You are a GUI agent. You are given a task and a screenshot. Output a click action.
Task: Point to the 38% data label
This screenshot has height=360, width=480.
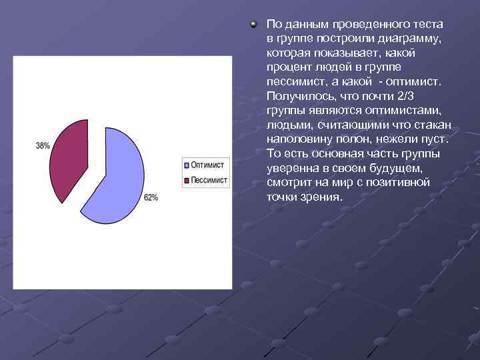pos(43,145)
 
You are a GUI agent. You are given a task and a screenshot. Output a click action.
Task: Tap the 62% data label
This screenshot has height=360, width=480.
pos(151,198)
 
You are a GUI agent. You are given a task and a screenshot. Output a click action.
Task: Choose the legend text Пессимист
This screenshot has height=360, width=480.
pos(209,180)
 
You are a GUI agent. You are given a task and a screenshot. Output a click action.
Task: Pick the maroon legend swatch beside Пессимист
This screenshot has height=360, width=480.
pos(187,181)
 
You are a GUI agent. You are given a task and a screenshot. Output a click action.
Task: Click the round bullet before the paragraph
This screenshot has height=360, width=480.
pos(253,25)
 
